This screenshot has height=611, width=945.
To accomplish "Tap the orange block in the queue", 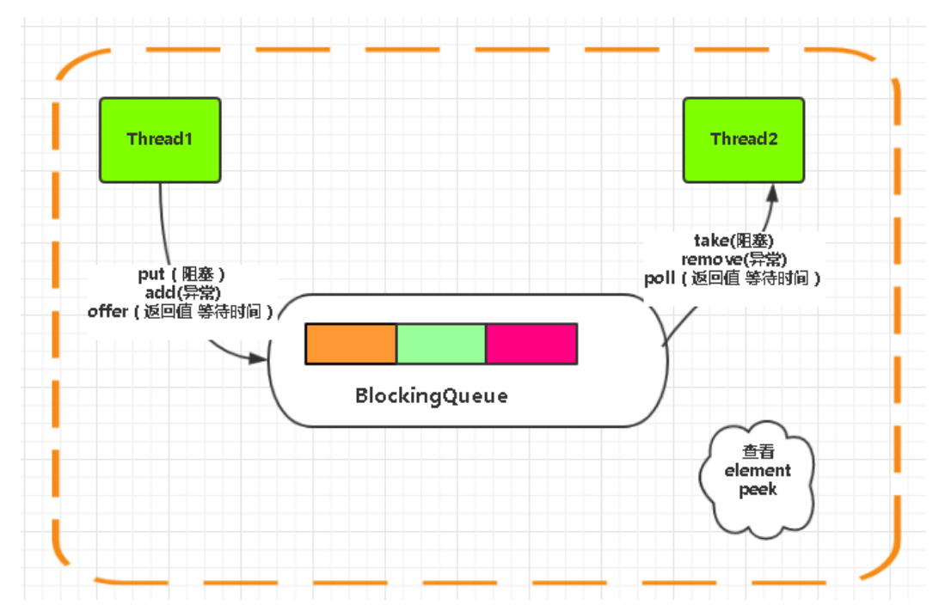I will (x=351, y=344).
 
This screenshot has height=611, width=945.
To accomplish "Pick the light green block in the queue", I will (x=441, y=344).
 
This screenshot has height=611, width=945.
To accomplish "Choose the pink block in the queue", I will (x=531, y=344).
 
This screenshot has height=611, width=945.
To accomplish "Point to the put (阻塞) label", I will (x=181, y=274).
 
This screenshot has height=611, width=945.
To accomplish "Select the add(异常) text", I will (x=181, y=292).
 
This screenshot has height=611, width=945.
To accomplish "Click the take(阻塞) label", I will (x=735, y=240).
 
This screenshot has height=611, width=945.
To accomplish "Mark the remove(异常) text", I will (x=734, y=259).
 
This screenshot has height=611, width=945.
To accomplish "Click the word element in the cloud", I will (x=758, y=470).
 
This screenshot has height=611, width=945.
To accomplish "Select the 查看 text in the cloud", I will (x=758, y=452).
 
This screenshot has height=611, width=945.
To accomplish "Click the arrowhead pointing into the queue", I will (x=259, y=357).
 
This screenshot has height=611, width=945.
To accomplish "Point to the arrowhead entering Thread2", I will (x=772, y=191).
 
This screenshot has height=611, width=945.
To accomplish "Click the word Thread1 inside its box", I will (x=160, y=138).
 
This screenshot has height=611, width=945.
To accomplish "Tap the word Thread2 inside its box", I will (x=744, y=138).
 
